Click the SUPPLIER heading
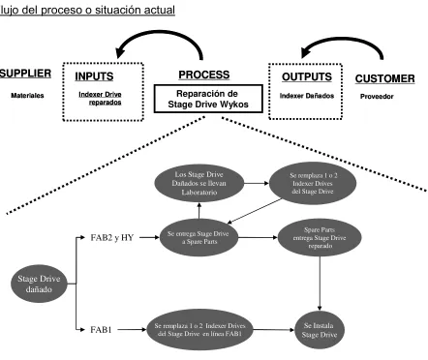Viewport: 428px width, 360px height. pos(25,74)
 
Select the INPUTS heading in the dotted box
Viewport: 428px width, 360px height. pos(94,76)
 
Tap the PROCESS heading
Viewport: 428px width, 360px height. pos(204,75)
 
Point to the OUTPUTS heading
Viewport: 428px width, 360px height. pos(307,76)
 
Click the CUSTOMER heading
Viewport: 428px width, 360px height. pos(384,78)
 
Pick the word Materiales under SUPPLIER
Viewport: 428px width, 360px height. pos(27,96)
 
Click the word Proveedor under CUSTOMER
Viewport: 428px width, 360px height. pos(377,97)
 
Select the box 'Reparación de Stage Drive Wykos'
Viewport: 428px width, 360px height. pos(208,99)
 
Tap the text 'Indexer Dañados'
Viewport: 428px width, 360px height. pos(307,96)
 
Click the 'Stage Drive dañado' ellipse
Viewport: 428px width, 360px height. pos(39,284)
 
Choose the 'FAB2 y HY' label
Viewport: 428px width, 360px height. pos(112,238)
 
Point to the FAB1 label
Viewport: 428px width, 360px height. pos(101,330)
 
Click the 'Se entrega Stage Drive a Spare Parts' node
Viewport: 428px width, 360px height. pos(199,238)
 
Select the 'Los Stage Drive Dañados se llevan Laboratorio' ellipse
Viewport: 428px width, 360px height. pos(199,183)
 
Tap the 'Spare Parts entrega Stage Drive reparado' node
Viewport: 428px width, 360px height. pos(320,238)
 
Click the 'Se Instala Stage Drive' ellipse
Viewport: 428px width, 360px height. pos(320,330)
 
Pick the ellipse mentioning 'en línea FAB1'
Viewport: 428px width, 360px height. pos(199,330)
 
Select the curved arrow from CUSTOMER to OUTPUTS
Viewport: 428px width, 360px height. pos(346,40)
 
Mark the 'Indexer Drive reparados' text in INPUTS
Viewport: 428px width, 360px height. pos(100,99)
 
